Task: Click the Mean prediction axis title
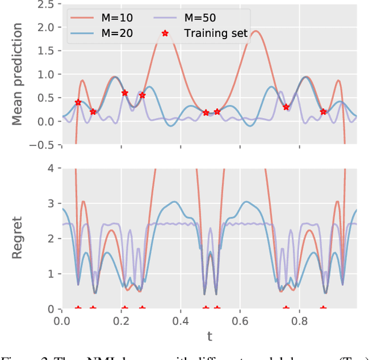(18, 74)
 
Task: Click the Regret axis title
(18, 238)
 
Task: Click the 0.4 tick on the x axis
(180, 319)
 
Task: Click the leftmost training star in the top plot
(78, 103)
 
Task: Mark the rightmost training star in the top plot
(323, 112)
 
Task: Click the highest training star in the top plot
(125, 93)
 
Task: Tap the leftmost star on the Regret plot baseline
(78, 309)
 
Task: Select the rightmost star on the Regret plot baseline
(323, 309)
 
